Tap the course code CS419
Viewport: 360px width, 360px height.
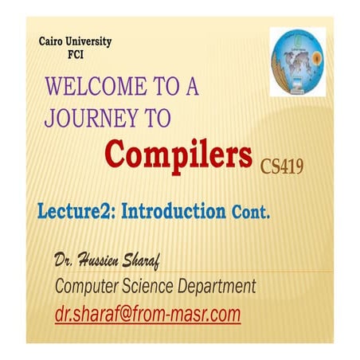coord(281,166)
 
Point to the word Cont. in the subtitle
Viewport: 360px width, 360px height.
coord(252,213)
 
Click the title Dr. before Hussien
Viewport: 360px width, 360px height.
coord(65,260)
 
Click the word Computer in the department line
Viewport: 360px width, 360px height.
coord(89,286)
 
